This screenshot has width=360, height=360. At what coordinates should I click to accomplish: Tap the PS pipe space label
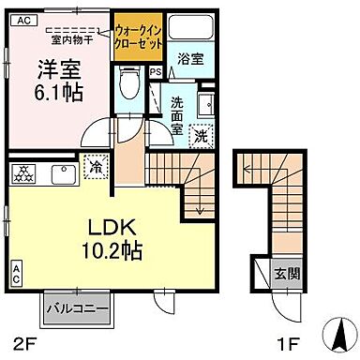coord(154,71)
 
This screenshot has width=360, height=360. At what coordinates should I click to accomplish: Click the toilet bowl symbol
coord(132,85)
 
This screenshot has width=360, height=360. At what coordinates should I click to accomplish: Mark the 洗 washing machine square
coord(201,135)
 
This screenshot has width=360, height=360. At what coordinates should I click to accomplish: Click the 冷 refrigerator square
coord(97,168)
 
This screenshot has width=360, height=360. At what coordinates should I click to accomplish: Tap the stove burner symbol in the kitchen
coord(22,172)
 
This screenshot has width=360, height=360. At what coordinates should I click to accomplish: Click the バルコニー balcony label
coord(79,307)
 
